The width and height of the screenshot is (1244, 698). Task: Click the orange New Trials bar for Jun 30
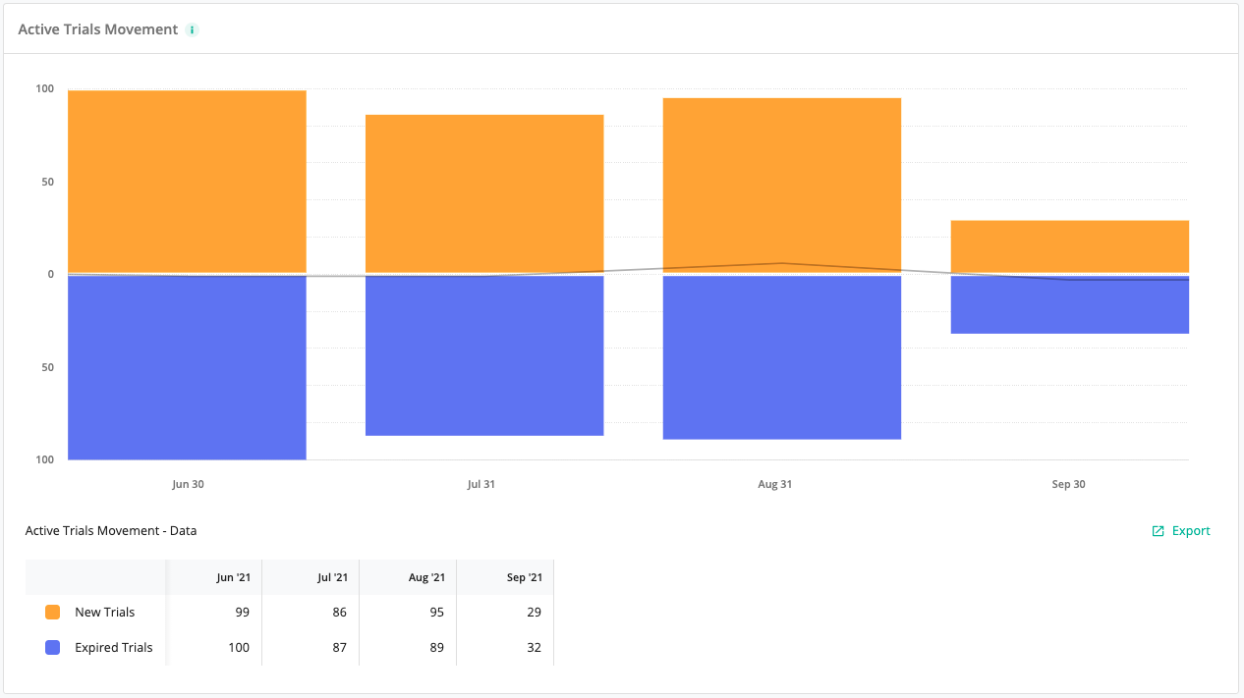tap(187, 181)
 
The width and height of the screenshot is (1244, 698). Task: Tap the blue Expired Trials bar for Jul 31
tap(484, 355)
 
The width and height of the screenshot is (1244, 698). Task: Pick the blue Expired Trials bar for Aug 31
tap(782, 357)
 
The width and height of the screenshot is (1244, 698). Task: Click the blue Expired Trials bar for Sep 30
tap(1070, 306)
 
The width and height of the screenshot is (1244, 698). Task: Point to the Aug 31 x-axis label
tap(774, 484)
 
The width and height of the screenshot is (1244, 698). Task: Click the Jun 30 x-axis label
tap(188, 484)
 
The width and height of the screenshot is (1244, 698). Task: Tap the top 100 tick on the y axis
tap(45, 89)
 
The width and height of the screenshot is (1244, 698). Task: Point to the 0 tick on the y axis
tap(51, 274)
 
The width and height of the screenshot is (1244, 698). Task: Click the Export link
tap(1182, 531)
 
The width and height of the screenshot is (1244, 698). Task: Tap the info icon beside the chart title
tap(193, 29)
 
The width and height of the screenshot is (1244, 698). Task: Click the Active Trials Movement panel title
tap(98, 29)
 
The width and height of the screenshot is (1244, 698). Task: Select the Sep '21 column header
tap(523, 577)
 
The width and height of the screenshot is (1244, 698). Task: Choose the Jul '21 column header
tap(331, 577)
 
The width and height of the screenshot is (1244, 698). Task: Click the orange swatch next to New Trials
tap(53, 612)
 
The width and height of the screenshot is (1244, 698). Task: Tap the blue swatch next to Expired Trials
tap(53, 647)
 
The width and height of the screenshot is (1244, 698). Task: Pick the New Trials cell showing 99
tap(242, 612)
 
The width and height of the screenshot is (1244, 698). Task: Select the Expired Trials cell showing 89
tap(436, 647)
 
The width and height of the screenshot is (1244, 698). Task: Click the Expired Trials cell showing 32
tap(533, 647)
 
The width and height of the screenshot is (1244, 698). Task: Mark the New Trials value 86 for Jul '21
tap(339, 612)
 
